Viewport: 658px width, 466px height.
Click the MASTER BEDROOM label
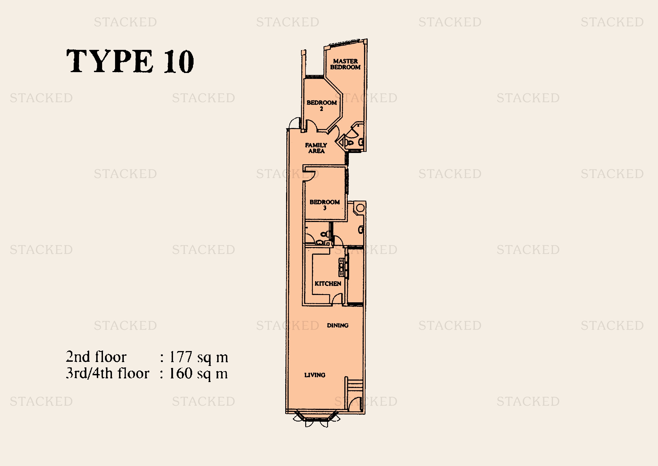[x=345, y=64]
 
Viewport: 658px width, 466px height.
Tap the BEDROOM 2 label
[x=322, y=105]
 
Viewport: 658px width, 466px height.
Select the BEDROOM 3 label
[x=325, y=205]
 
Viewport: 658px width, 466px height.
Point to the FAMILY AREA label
[x=316, y=148]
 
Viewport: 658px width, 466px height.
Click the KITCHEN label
[x=328, y=283]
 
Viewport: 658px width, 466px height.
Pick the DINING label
[x=338, y=325]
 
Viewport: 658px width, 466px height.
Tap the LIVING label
[x=315, y=375]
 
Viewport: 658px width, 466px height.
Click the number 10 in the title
[x=179, y=61]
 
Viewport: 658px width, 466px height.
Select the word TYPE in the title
[x=110, y=61]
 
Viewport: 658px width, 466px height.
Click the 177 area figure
[x=181, y=357]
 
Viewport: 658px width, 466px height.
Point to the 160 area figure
[x=181, y=373]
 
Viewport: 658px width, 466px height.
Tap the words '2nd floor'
[x=96, y=357]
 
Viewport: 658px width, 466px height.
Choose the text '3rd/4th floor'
[x=108, y=373]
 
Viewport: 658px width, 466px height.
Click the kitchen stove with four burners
[x=342, y=267]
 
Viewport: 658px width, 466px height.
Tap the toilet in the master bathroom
[x=349, y=143]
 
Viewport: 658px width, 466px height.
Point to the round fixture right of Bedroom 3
[x=361, y=208]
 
